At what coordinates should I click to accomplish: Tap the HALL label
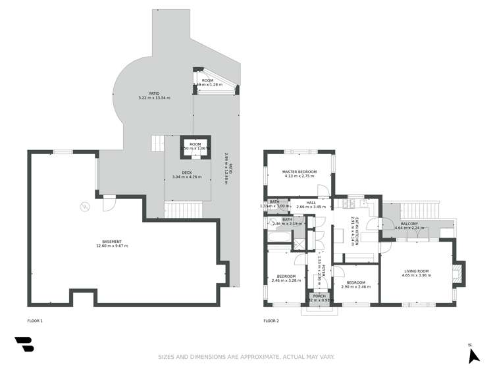pos(311,203)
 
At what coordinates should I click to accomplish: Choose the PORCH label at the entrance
pos(319,296)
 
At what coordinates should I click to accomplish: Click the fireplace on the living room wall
pos(459,272)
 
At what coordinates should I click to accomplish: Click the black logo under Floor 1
pos(24,345)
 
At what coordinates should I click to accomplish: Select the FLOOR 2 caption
pos(271,321)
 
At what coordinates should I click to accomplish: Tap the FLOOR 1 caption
pos(34,321)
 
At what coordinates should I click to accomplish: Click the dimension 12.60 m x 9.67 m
pos(111,246)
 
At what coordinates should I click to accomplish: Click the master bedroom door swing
pos(324,191)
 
